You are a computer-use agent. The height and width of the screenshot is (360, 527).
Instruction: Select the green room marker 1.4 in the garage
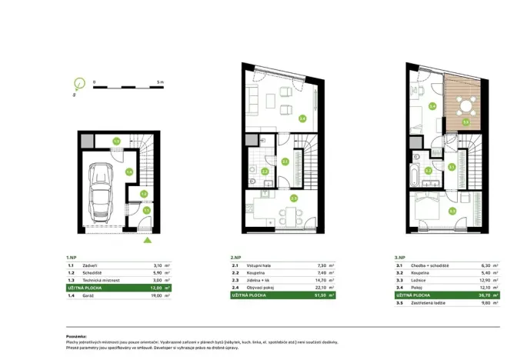point(129,172)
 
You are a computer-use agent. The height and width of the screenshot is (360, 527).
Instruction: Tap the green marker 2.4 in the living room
point(302,118)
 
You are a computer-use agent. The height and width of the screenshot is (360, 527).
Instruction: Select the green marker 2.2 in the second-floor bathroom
point(264,172)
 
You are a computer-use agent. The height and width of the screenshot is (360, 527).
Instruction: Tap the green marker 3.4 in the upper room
point(432,107)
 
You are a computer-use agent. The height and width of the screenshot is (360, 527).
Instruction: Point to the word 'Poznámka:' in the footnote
point(78,336)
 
